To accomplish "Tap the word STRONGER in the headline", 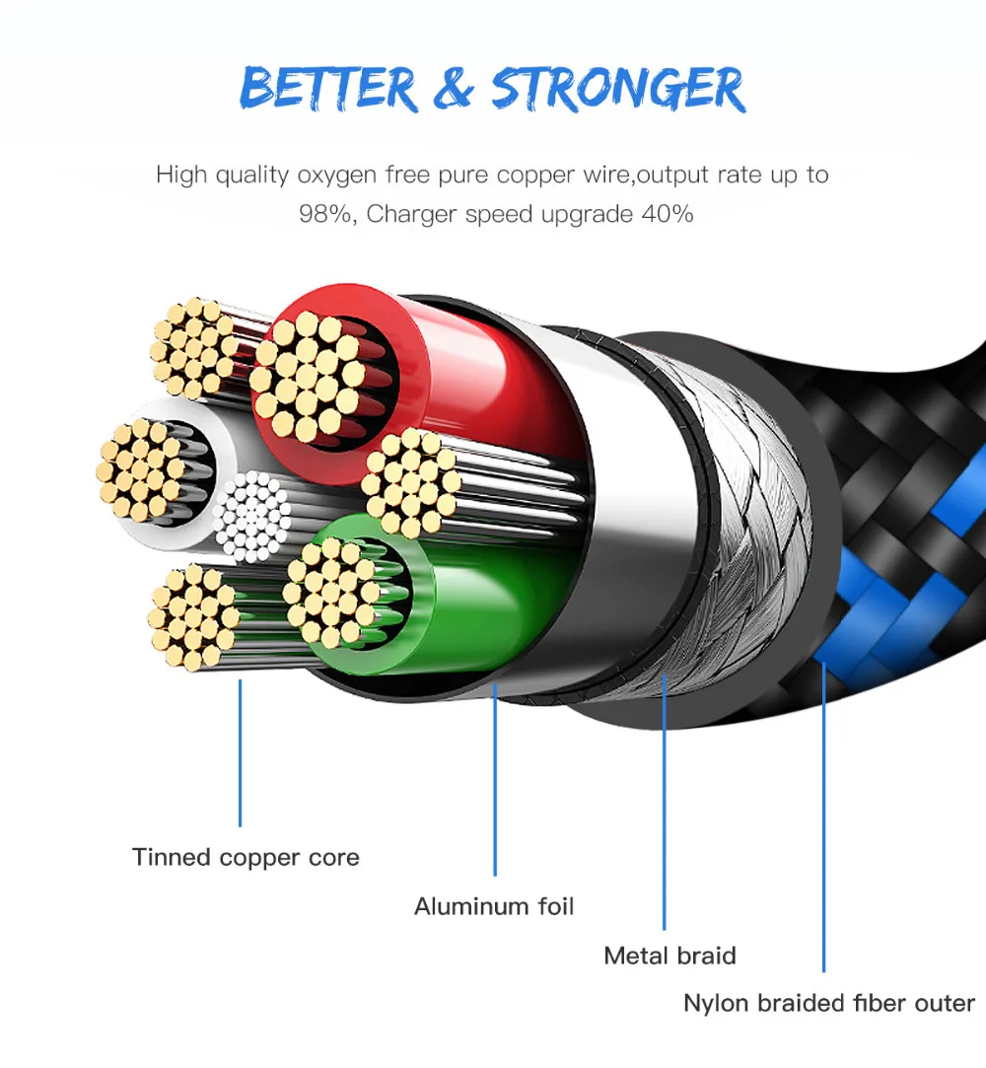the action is tap(618, 90).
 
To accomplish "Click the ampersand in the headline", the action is tap(453, 89).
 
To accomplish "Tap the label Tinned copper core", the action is tap(246, 857).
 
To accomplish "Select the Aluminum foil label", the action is tap(494, 906).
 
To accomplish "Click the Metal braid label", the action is tap(669, 956).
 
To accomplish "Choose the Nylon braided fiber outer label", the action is tap(829, 1004).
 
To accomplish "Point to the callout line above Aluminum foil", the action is tap(495, 779).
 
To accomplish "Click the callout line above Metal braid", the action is tap(665, 799).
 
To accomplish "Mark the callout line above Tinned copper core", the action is tap(240, 749).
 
